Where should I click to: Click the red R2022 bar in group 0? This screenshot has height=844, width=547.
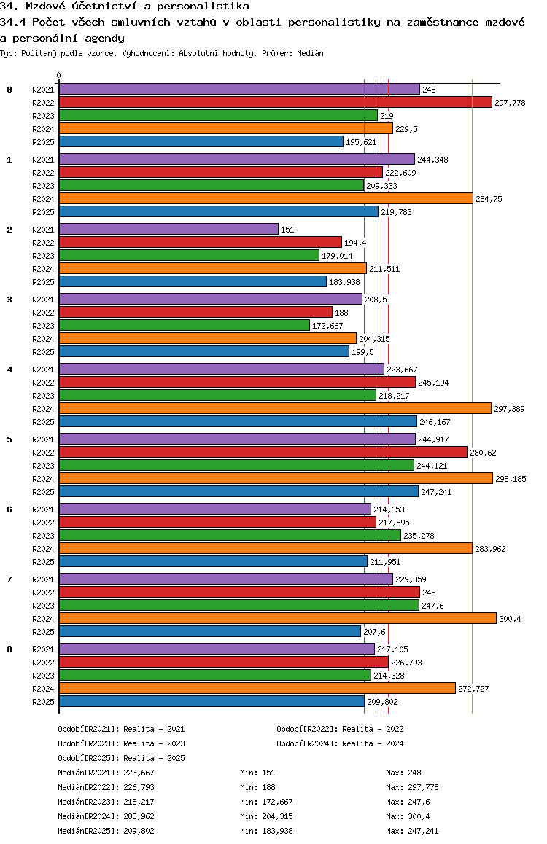pyautogui.click(x=275, y=103)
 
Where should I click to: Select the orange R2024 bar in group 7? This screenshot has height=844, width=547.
pyautogui.click(x=277, y=619)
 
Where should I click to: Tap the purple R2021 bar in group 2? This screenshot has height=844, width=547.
pyautogui.click(x=168, y=230)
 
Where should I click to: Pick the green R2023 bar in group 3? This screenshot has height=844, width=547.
pyautogui.click(x=185, y=326)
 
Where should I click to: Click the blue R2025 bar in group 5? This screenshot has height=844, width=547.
pyautogui.click(x=238, y=492)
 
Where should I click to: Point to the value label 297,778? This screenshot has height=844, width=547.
pyautogui.click(x=510, y=103)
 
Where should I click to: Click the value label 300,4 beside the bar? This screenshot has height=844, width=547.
pyautogui.click(x=510, y=619)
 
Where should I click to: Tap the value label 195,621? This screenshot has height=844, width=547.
pyautogui.click(x=361, y=142)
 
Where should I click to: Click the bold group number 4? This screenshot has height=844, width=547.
pyautogui.click(x=9, y=370)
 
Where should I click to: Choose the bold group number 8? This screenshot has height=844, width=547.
pyautogui.click(x=9, y=649)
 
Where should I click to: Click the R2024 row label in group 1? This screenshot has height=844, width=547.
pyautogui.click(x=43, y=199)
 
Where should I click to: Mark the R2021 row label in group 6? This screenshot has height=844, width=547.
pyautogui.click(x=43, y=509)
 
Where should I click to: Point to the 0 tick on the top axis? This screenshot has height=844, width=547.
pyautogui.click(x=59, y=75)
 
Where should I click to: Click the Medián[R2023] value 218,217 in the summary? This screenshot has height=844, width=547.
pyautogui.click(x=139, y=802)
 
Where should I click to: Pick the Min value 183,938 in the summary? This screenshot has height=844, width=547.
pyautogui.click(x=280, y=831)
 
